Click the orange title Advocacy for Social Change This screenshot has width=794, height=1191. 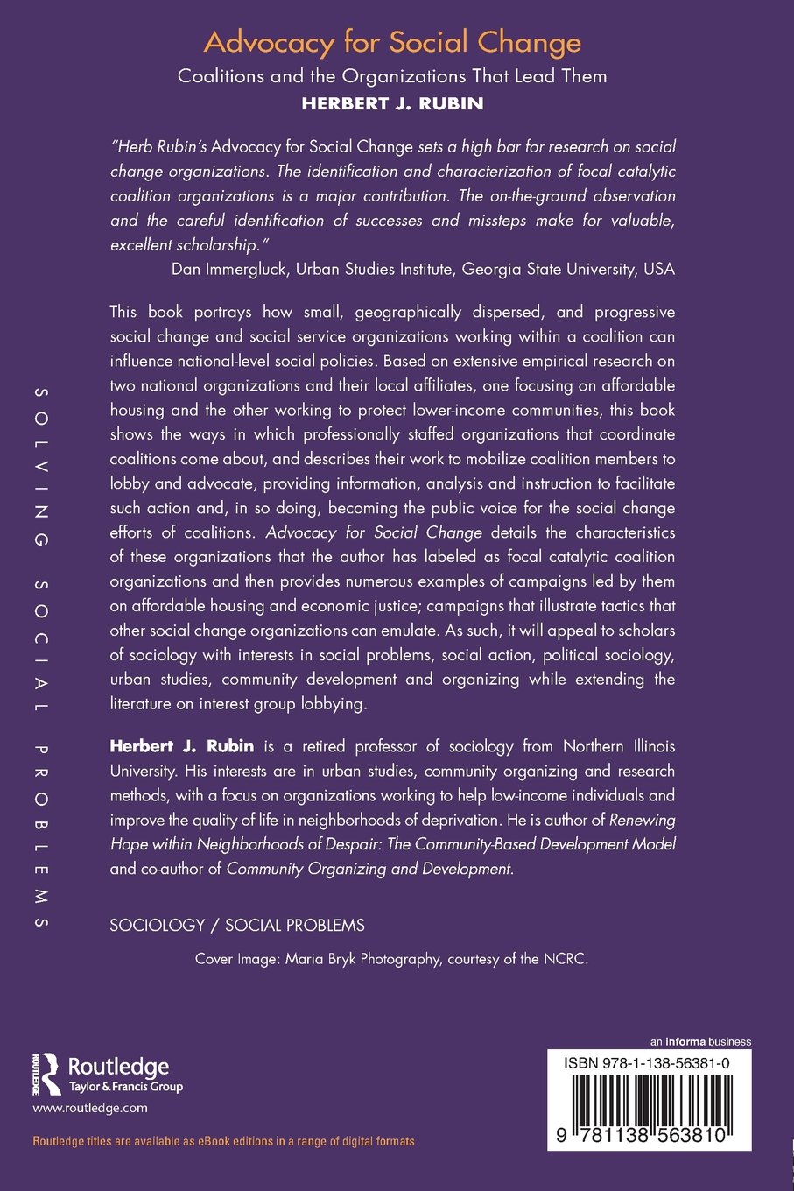(392, 43)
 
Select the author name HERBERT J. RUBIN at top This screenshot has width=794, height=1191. (392, 102)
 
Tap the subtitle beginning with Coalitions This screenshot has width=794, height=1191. (392, 76)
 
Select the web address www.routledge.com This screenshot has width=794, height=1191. (90, 1108)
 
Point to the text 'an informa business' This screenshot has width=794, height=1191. (700, 1042)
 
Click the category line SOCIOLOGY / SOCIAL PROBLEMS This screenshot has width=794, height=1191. (237, 925)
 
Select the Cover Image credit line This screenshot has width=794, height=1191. (392, 959)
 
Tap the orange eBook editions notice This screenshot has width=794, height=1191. (223, 1141)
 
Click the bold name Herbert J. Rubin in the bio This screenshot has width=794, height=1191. (182, 746)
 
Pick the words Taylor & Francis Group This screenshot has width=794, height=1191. (126, 1087)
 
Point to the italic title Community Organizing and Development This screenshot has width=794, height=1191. (369, 869)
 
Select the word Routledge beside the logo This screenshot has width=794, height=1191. (118, 1067)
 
